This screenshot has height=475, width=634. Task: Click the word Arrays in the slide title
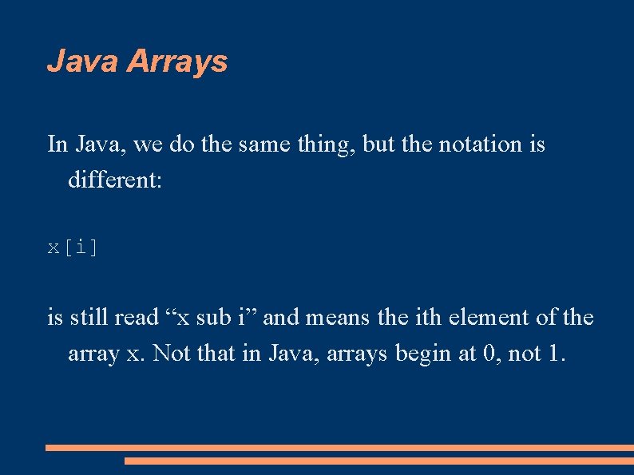coord(177,61)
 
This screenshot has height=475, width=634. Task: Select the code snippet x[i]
coord(73,247)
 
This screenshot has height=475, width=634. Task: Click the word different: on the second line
coord(115,180)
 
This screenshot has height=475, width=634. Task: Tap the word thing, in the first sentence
coord(327,144)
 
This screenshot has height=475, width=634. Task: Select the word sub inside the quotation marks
coord(212,318)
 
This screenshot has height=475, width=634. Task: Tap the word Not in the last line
coord(172,353)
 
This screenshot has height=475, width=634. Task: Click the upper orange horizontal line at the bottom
coord(339,448)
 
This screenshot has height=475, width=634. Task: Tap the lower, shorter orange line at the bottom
coord(379,461)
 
